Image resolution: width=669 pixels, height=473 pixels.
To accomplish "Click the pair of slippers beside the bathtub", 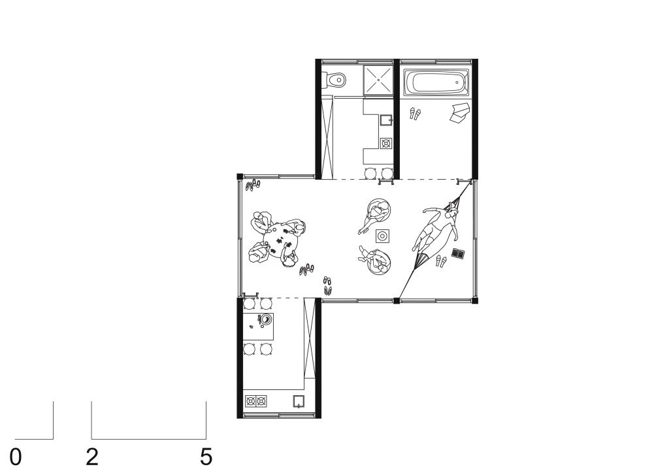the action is coord(415,114).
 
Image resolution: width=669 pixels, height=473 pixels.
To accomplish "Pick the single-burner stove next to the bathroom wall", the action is coord(385,143).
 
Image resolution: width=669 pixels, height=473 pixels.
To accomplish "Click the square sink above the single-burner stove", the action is coord(385,120).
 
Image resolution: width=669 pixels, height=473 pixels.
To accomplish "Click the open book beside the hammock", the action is coord(458,253).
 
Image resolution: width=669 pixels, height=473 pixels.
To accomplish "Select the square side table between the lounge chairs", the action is coord(382,235).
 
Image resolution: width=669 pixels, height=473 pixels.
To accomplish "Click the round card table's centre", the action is coord(280,242).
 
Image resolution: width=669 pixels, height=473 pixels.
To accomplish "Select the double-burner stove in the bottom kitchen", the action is coord(256,401).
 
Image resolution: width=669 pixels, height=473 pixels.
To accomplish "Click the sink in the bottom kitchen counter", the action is coord(299,401).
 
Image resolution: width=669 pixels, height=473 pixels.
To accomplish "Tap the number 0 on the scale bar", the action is coord(16,457).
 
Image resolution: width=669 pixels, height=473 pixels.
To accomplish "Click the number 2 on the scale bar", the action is coord(92,457).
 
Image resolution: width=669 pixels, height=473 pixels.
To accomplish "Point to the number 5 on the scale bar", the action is coord(206,457).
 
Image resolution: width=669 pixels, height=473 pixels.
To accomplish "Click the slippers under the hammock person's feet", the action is coord(441,260).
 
